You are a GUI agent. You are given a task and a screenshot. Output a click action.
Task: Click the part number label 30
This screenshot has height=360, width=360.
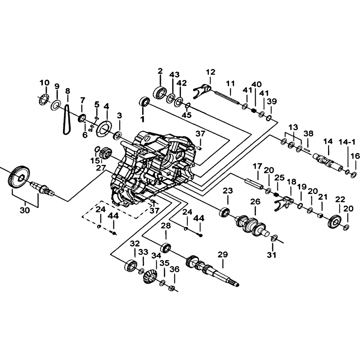[25, 210]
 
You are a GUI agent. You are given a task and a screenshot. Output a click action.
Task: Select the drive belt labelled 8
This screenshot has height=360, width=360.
[66, 119]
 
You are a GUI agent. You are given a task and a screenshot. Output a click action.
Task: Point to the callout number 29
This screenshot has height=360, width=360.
[222, 254]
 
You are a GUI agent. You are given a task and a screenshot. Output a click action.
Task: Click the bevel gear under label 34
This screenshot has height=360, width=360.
[151, 277]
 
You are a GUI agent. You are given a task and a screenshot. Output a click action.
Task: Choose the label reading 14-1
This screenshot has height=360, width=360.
[347, 142]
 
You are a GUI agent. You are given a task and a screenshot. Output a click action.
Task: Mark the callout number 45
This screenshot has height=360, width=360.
[186, 115]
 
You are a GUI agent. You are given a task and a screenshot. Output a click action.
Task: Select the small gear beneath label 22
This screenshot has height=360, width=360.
[335, 220]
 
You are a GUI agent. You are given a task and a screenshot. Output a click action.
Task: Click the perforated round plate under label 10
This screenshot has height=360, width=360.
[43, 100]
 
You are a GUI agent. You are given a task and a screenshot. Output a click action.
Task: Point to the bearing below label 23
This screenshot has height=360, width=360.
[225, 212]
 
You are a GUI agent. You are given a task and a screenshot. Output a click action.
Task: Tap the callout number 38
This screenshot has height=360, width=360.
[308, 133]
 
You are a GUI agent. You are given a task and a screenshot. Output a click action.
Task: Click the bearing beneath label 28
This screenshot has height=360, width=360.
[166, 247]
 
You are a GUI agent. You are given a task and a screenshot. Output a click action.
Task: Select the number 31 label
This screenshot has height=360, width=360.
[272, 255]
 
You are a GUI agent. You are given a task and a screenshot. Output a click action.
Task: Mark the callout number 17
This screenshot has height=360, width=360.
[257, 166]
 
